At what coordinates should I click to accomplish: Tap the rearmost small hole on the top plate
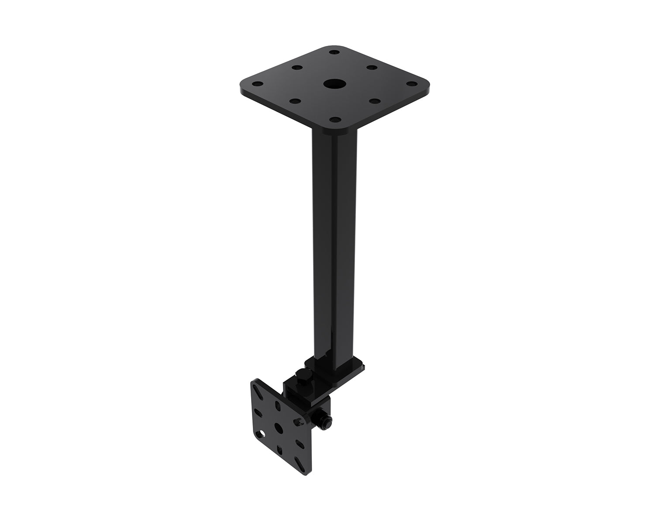tap(334, 52)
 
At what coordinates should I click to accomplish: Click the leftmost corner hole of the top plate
tap(258, 83)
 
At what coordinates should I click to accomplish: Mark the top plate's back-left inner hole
tap(296, 68)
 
